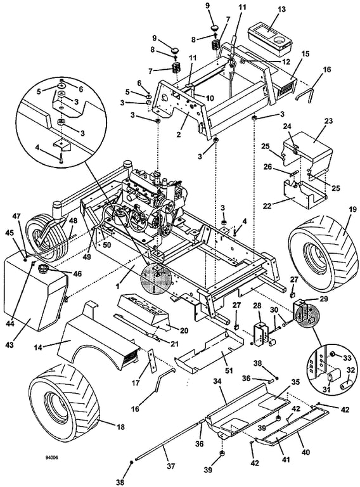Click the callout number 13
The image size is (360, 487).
tap(281, 10)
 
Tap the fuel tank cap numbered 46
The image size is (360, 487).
tap(44, 269)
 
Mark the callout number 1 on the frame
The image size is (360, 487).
tap(119, 287)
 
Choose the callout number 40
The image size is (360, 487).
tap(305, 452)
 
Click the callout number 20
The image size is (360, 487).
tap(184, 331)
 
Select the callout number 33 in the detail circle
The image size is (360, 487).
tap(347, 358)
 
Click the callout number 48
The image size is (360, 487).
tap(73, 220)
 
